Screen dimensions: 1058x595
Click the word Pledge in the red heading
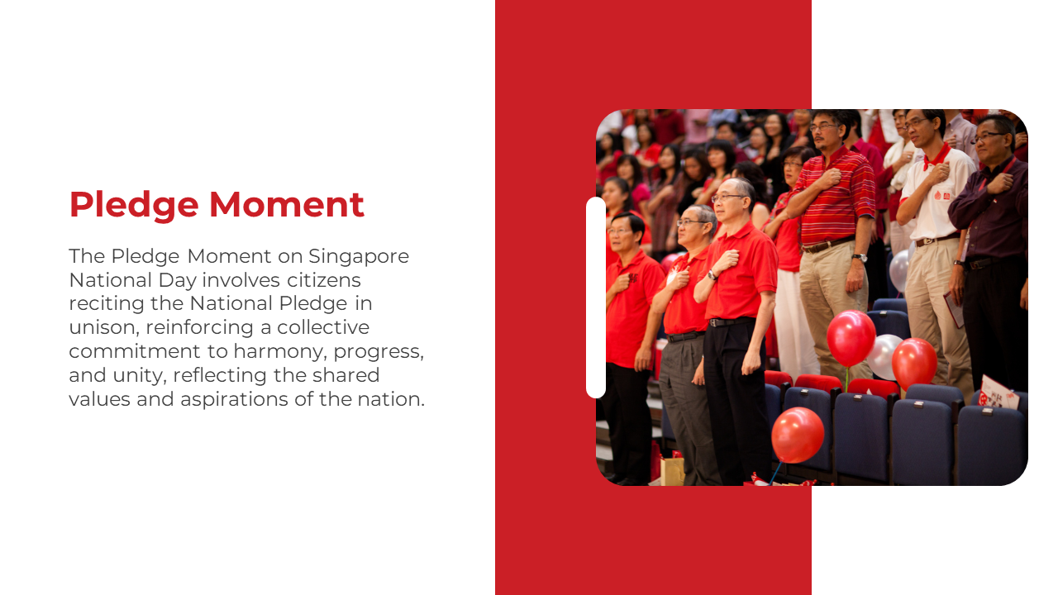click(x=134, y=206)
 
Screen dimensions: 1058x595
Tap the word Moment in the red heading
click(x=287, y=204)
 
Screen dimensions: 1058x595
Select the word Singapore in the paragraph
click(x=359, y=257)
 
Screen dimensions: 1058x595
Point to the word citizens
click(x=324, y=280)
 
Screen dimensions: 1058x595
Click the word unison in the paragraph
click(x=103, y=327)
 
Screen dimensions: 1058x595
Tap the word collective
click(x=323, y=327)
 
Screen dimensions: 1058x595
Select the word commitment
click(x=135, y=351)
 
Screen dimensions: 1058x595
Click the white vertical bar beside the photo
click(x=596, y=297)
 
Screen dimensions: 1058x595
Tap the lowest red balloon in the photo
click(x=798, y=435)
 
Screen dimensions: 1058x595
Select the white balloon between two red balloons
click(x=884, y=356)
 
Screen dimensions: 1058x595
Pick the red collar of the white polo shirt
click(x=936, y=157)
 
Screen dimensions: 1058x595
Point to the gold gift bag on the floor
click(x=672, y=470)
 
